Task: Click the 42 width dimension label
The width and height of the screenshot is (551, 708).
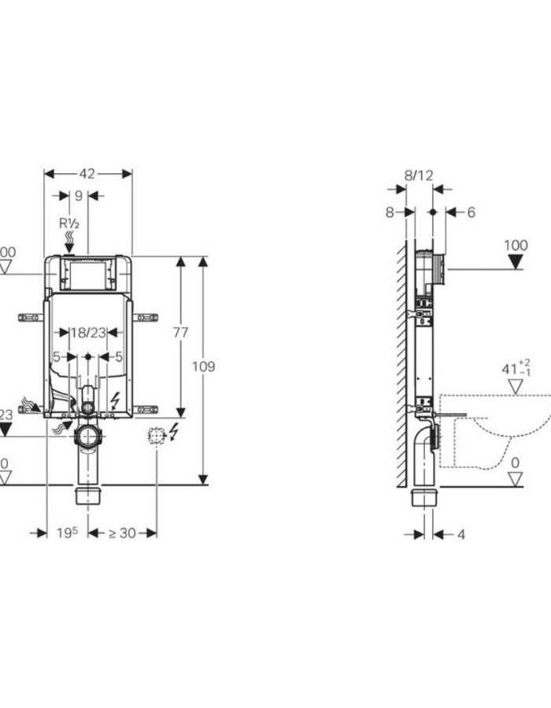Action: [x=87, y=174]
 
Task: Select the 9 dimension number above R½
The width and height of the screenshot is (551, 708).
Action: [x=77, y=196]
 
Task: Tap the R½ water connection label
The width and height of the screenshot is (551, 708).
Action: [x=69, y=223]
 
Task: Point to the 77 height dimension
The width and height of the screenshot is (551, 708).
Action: [x=180, y=333]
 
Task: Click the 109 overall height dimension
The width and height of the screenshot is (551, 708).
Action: [x=203, y=367]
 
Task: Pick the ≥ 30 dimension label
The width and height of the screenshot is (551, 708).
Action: [x=122, y=533]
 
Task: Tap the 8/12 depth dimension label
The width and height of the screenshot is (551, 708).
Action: [x=419, y=175]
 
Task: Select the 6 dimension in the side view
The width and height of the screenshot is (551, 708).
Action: [x=471, y=212]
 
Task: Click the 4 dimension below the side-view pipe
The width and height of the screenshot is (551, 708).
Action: [x=460, y=534]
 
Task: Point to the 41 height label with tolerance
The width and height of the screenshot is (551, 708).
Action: [x=512, y=367]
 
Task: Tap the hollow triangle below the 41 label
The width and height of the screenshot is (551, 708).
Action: [x=516, y=386]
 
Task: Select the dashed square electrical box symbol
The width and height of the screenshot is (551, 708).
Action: [x=156, y=434]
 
